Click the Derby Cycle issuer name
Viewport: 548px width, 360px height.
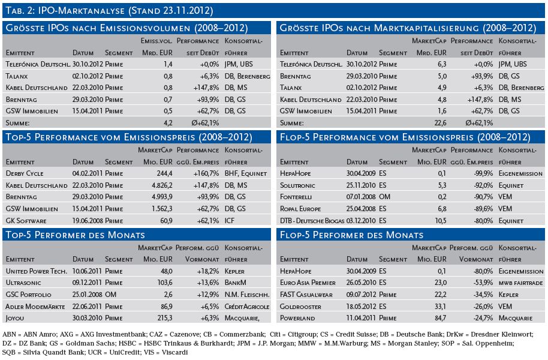tap(25, 173)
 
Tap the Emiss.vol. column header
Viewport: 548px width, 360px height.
tap(156, 41)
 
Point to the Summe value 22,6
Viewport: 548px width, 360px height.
tap(439, 123)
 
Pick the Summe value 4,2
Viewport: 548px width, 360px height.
tap(168, 123)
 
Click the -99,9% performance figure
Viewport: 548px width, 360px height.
tap(483, 173)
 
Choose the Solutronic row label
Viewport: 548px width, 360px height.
tap(297, 185)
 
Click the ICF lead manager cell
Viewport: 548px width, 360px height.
tap(230, 221)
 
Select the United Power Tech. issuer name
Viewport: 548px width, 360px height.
tap(37, 271)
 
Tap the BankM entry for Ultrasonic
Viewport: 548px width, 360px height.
tap(236, 283)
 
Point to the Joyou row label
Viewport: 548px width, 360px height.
tap(14, 319)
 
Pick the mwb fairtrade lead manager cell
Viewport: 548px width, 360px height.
tap(521, 283)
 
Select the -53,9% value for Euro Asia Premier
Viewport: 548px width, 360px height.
tap(483, 283)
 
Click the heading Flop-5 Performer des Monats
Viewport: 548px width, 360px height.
tap(351, 235)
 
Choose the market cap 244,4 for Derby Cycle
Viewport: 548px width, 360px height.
tap(164, 173)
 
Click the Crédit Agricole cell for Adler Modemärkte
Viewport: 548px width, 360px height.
tap(247, 307)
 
